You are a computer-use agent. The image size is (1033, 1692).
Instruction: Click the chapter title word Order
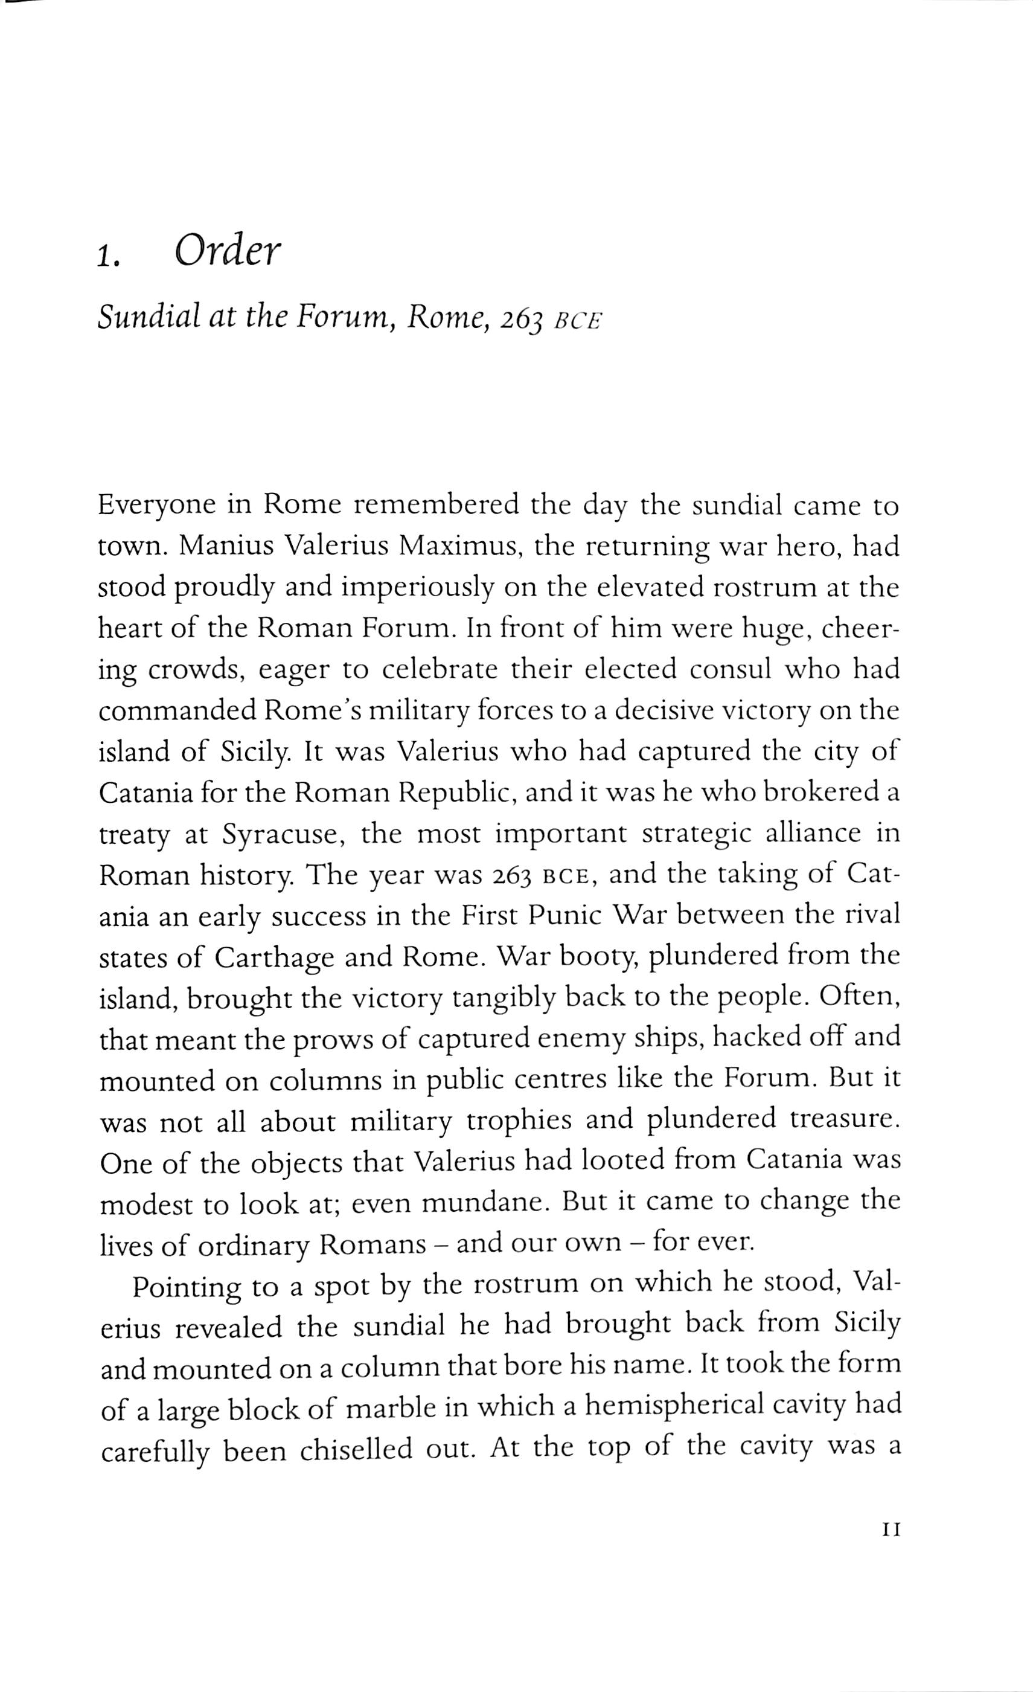pyautogui.click(x=228, y=252)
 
